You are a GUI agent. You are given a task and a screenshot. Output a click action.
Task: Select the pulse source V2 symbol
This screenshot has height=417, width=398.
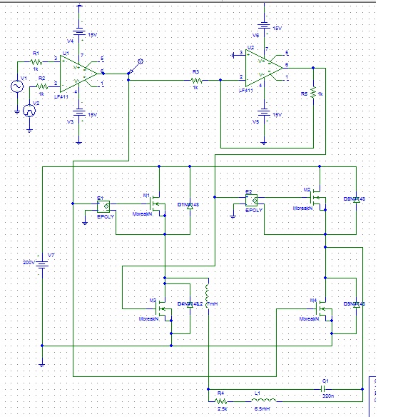coord(29,110)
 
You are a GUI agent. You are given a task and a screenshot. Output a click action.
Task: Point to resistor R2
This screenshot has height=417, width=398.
coord(41,84)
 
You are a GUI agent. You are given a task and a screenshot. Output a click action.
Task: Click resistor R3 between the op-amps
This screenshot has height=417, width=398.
coord(198,81)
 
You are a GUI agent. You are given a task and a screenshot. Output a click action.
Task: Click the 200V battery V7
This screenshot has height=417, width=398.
coord(42,263)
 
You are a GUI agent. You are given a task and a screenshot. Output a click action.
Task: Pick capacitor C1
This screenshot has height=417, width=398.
coord(325,390)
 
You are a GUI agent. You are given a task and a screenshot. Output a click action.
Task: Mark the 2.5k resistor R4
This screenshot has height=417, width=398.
coord(222,400)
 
